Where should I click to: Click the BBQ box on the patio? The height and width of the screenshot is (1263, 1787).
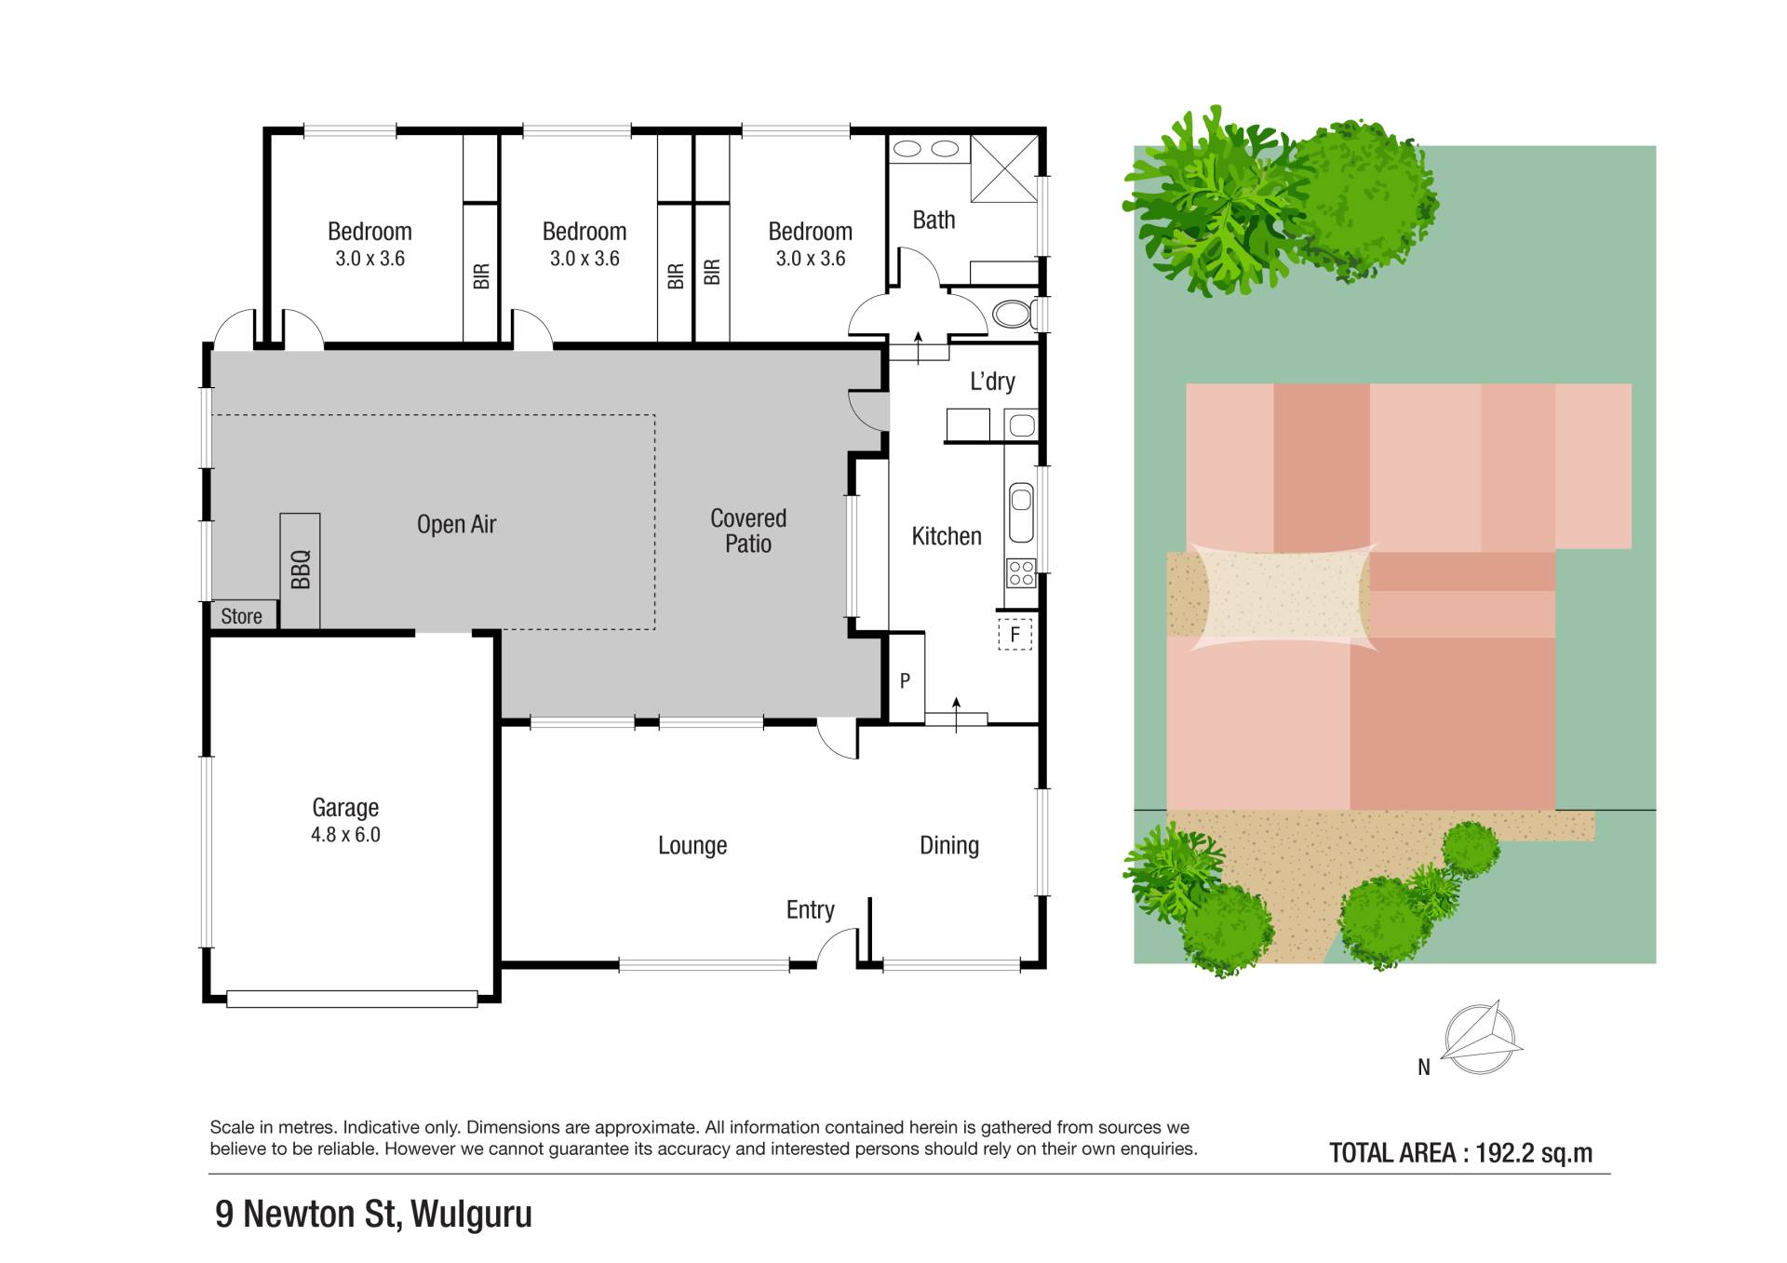[x=300, y=571]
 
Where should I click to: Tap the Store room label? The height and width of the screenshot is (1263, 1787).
[x=241, y=616]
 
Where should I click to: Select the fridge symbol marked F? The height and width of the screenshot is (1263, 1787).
[x=1015, y=634]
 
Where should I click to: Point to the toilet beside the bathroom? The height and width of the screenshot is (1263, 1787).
[x=1014, y=314]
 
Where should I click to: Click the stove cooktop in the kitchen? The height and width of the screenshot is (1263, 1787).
[x=1021, y=571]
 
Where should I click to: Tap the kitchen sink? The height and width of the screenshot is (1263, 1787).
[x=1021, y=512]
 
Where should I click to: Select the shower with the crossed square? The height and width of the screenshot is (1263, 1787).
[x=1004, y=168]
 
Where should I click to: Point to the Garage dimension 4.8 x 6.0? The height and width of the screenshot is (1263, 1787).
[x=345, y=835]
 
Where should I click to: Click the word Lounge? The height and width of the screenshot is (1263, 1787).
[x=692, y=845]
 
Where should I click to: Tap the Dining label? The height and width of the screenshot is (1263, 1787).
[x=949, y=845]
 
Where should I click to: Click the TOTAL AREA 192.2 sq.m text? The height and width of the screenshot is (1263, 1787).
[x=1460, y=1153]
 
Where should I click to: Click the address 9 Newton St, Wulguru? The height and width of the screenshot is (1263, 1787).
[x=373, y=1214]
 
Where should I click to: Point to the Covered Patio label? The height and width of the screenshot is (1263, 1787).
[x=748, y=531]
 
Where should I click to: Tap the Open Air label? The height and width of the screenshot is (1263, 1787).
[x=456, y=525]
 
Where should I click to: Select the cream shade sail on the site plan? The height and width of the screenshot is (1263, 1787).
[x=1283, y=596]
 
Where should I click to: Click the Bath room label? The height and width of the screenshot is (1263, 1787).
[x=934, y=220]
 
